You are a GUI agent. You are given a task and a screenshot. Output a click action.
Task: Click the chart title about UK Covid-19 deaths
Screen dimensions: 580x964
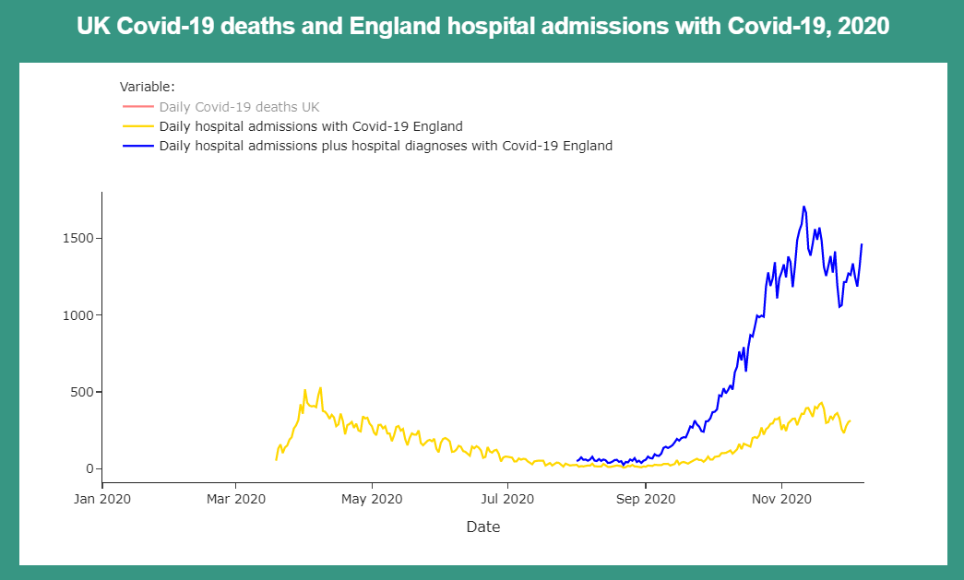(x=482, y=27)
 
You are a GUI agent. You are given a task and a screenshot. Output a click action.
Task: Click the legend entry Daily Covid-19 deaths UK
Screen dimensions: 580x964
(x=239, y=107)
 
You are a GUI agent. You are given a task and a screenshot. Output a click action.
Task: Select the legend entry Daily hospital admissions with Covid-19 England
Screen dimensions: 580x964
(x=310, y=126)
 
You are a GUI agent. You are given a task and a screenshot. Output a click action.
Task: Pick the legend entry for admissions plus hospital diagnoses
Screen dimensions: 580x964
(x=386, y=146)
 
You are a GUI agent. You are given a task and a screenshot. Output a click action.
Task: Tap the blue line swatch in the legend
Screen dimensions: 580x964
(x=137, y=146)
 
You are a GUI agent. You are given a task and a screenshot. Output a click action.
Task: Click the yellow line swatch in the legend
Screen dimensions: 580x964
(x=137, y=126)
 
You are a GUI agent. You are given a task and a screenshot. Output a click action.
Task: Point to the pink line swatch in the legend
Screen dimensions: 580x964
(x=137, y=107)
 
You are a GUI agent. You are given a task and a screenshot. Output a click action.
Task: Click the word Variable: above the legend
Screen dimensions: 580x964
(x=140, y=88)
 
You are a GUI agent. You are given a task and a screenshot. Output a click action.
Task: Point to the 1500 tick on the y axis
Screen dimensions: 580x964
(x=77, y=238)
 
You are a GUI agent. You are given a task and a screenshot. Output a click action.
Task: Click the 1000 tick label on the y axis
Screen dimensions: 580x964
(x=77, y=315)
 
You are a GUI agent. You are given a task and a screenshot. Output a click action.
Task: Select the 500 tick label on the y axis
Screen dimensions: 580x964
(x=80, y=392)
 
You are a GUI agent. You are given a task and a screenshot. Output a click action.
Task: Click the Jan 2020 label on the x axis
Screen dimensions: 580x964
(x=102, y=499)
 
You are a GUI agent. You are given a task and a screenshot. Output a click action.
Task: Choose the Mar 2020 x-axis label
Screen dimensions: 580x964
(x=236, y=499)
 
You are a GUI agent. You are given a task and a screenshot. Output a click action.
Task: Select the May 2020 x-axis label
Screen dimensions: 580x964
(x=372, y=499)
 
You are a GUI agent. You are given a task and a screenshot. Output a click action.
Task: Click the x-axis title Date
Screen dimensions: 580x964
(x=482, y=527)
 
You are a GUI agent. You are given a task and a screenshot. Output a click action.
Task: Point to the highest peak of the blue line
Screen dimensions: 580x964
(x=804, y=207)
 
